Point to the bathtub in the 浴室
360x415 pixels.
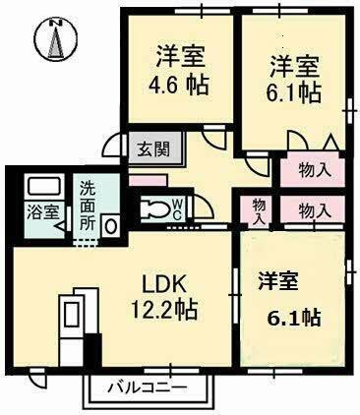tap(42, 186)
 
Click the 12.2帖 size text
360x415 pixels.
tap(165, 310)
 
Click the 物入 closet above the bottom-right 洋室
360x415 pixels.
tap(314, 210)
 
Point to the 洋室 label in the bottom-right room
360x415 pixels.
tap(279, 280)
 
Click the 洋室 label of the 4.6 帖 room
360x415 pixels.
tap(178, 55)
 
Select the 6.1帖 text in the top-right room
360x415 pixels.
tap(295, 92)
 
